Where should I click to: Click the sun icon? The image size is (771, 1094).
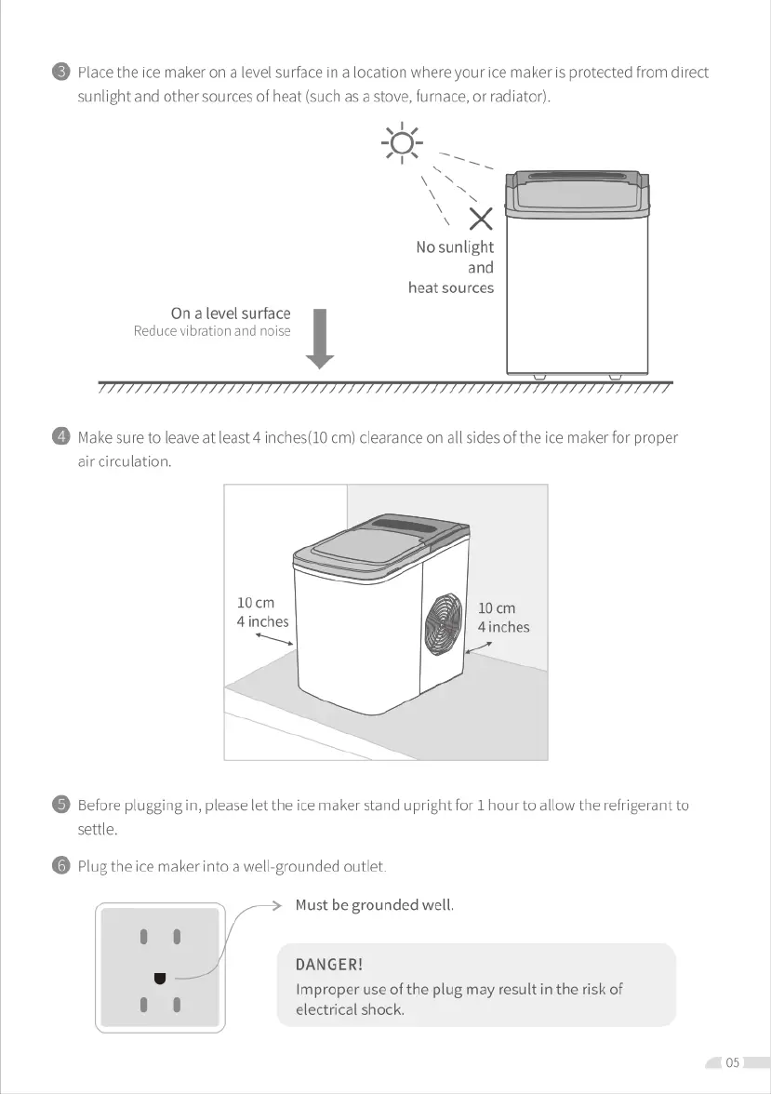402,144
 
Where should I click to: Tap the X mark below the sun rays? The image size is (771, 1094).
480,220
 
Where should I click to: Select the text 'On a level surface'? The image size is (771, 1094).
231,314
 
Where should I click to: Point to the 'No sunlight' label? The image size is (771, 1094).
455,247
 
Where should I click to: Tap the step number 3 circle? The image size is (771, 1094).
61,73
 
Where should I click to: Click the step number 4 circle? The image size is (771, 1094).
61,437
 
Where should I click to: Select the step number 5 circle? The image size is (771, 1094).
61,806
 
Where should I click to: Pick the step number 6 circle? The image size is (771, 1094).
61,867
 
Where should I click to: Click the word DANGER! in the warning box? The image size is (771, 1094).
329,965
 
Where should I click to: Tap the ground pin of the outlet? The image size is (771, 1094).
160,978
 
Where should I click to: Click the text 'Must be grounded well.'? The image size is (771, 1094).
374,905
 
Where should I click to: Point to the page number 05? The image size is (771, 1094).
733,1062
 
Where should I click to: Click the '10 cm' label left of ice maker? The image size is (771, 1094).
256,603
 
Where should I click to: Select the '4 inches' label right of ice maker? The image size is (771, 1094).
503,627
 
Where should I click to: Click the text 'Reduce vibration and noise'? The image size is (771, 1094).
212,331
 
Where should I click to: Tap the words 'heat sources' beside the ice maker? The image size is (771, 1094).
451,288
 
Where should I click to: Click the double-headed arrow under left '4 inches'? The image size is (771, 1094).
273,641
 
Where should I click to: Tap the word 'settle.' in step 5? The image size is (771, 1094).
97,829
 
